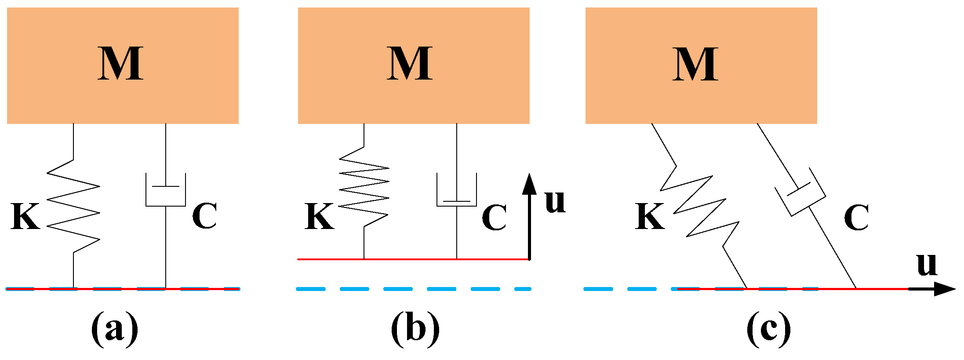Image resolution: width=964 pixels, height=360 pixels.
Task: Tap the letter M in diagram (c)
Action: (x=695, y=64)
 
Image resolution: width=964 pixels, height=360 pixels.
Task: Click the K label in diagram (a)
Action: (x=25, y=216)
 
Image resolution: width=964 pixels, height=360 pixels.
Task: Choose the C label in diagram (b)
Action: (x=494, y=217)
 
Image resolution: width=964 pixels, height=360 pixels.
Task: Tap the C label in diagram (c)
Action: (x=856, y=217)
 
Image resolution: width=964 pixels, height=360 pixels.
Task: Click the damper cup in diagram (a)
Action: (x=166, y=191)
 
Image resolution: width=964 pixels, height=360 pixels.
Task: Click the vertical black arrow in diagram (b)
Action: (x=529, y=215)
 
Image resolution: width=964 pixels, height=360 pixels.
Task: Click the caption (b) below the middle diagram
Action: (x=415, y=329)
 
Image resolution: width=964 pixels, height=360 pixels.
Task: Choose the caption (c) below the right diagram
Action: (x=768, y=329)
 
